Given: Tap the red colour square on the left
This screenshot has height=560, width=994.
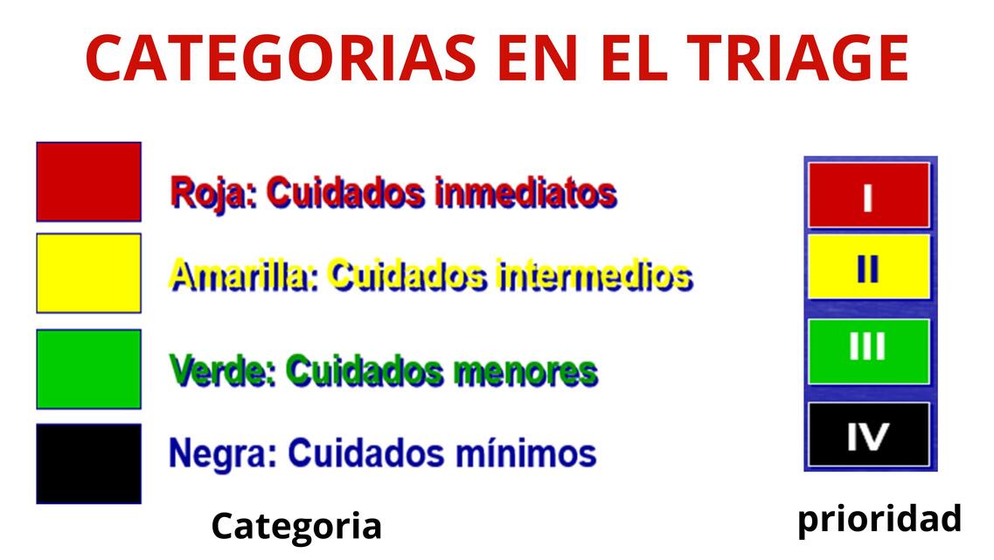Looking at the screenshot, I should pos(88,181).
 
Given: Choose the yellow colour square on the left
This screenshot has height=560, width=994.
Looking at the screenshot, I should pos(88,273).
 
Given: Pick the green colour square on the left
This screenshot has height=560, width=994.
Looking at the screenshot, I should pos(88,368).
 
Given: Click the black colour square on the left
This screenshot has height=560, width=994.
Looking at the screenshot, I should pos(88,464).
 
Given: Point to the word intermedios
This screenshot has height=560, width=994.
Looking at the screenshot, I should pos(594,276).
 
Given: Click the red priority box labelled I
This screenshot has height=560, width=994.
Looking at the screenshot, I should pos(868,195).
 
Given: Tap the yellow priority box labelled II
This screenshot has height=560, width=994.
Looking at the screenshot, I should pos(868,267).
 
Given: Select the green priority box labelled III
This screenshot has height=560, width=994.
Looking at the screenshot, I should pos(868,350).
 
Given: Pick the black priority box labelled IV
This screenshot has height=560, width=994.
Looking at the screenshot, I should pos(868,435).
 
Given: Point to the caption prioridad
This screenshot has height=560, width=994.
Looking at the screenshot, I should pos(879,519).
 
